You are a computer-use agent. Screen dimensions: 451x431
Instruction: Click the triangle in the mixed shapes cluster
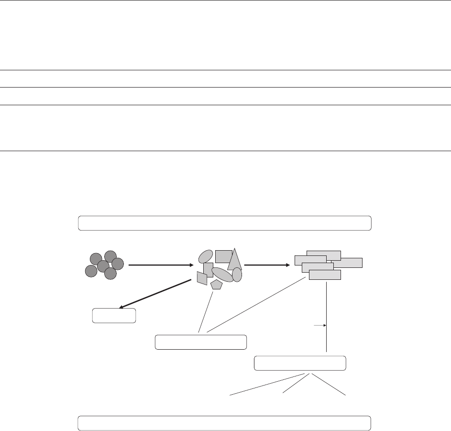pyautogui.click(x=234, y=261)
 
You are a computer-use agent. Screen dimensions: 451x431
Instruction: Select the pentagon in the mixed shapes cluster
pyautogui.click(x=217, y=285)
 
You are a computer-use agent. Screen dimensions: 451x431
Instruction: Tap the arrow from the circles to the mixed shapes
pyautogui.click(x=160, y=265)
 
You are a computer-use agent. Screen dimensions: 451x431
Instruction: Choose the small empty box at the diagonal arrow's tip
pyautogui.click(x=114, y=316)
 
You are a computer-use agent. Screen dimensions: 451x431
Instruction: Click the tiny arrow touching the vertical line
pyautogui.click(x=319, y=326)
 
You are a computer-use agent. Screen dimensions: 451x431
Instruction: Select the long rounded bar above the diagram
pyautogui.click(x=224, y=223)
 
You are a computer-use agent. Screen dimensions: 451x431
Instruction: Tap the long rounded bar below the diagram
pyautogui.click(x=224, y=423)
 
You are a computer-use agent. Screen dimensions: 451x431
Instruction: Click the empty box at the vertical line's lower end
pyautogui.click(x=300, y=363)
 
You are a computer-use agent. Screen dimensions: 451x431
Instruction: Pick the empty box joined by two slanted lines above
pyautogui.click(x=201, y=342)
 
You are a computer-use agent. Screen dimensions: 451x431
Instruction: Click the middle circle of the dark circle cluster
pyautogui.click(x=103, y=266)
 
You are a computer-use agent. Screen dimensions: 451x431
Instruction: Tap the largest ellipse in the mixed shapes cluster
pyautogui.click(x=222, y=274)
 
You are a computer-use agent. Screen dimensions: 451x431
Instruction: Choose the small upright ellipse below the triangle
pyautogui.click(x=237, y=275)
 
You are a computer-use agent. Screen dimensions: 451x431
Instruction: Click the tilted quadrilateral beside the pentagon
pyautogui.click(x=202, y=278)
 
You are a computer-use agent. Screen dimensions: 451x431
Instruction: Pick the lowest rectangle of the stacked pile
pyautogui.click(x=325, y=275)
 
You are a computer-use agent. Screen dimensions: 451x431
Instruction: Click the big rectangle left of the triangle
pyautogui.click(x=223, y=256)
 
